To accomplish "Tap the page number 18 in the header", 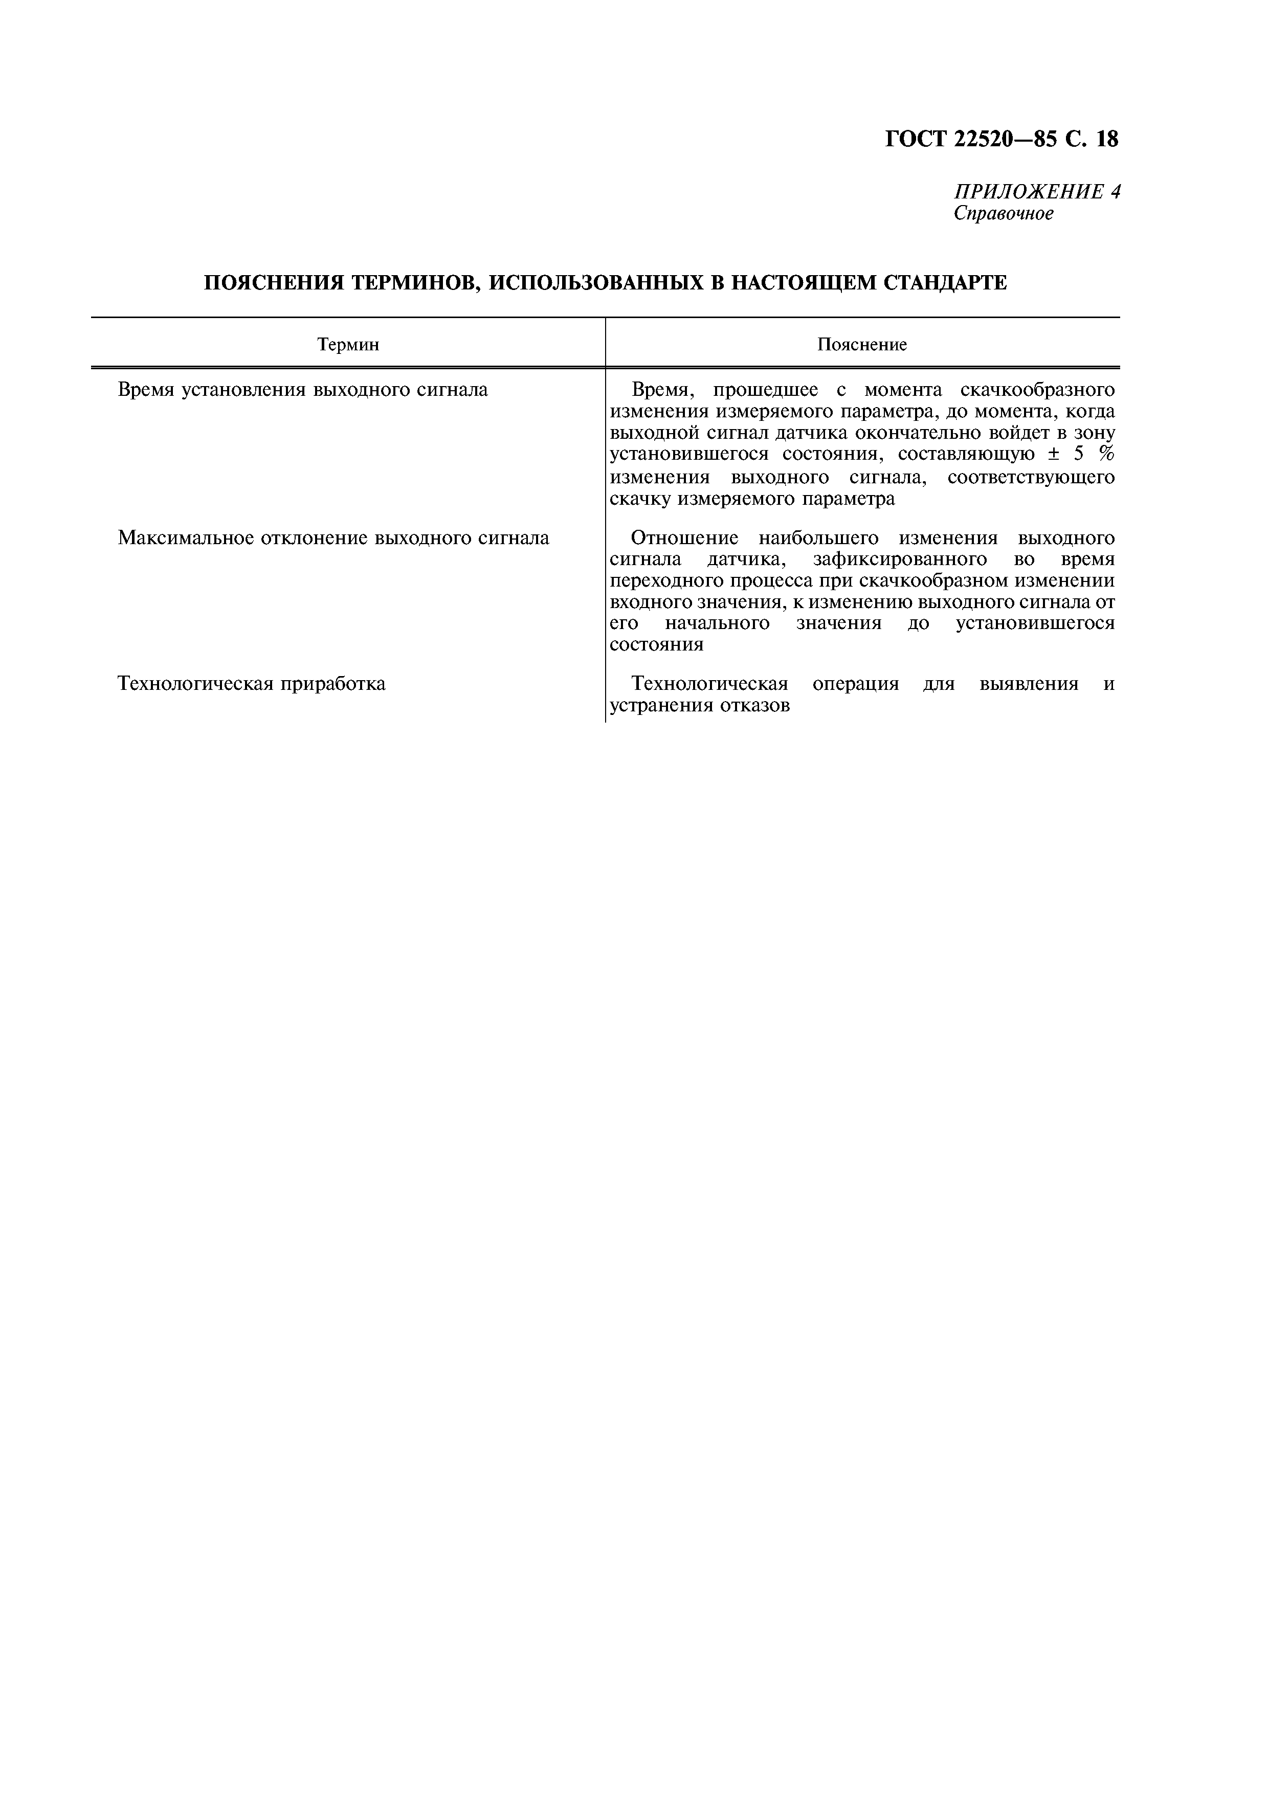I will [x=1106, y=139].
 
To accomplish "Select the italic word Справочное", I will [x=1003, y=213].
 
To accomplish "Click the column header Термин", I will [x=348, y=345].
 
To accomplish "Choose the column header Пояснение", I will [x=862, y=345].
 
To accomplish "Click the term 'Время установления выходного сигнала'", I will [x=302, y=390].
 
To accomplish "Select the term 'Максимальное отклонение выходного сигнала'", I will [x=333, y=539].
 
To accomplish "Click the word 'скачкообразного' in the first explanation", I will [x=1037, y=390].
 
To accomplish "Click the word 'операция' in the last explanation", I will [x=856, y=684].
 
